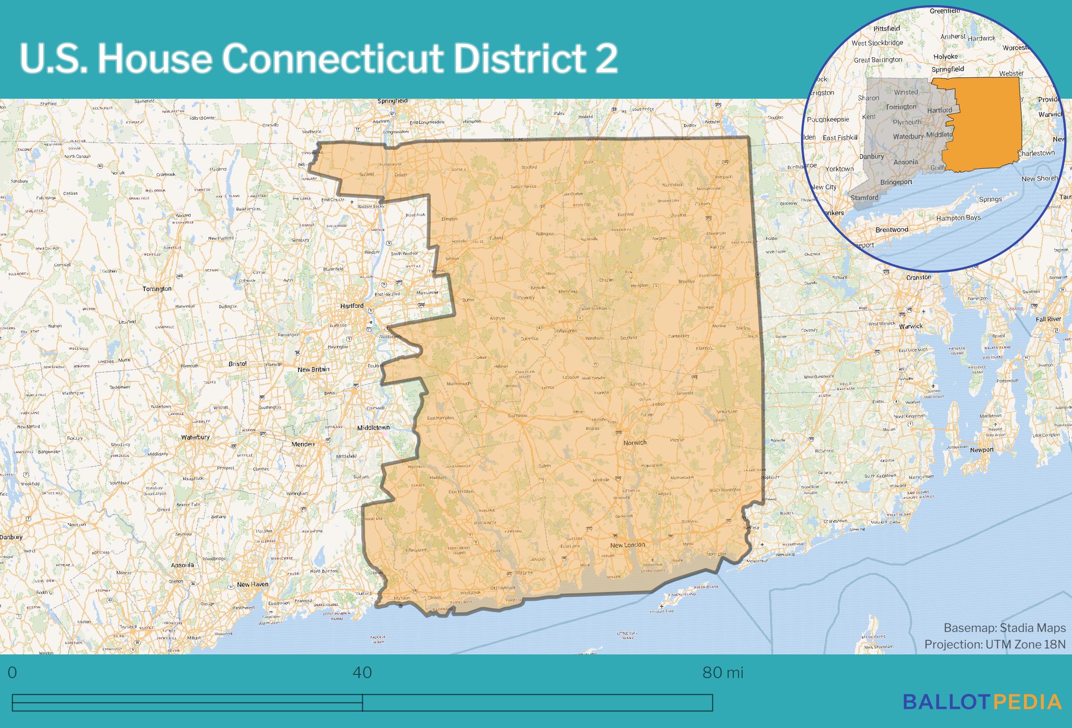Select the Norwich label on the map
[635, 442]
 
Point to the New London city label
[627, 545]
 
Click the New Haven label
[252, 584]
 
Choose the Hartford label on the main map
[352, 306]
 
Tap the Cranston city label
[918, 277]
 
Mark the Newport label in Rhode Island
[982, 449]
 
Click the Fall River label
[1048, 319]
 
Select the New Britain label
[313, 369]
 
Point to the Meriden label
[303, 444]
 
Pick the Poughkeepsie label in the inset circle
[828, 119]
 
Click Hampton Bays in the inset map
[958, 218]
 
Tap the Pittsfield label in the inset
[887, 28]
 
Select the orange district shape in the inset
[983, 126]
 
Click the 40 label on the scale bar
[362, 673]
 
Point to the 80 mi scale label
[722, 673]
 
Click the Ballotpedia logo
[982, 702]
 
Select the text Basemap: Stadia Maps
[1004, 628]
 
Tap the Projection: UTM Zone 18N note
[995, 644]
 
